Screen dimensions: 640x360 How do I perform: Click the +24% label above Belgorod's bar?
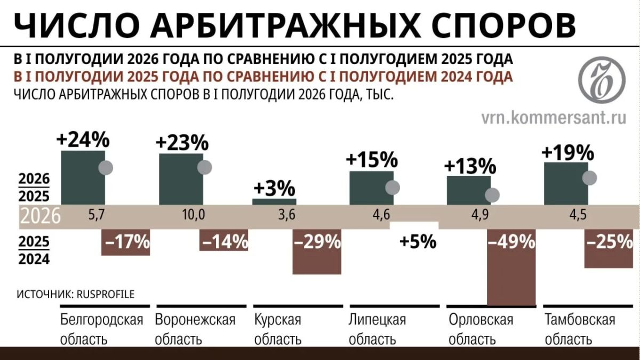(83, 140)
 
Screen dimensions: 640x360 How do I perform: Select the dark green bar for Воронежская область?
(181, 179)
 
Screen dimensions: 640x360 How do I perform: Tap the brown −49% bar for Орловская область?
(511, 267)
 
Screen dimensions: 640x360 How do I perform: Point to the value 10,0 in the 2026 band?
(194, 214)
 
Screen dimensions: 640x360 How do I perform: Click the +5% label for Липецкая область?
(418, 242)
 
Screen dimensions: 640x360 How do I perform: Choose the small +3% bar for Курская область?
(274, 202)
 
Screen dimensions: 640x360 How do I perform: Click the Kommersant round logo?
(602, 79)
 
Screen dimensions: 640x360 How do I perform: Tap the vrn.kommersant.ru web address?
(554, 118)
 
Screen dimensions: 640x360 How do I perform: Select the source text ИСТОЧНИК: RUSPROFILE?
(76, 294)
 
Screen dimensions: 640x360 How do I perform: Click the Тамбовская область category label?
(580, 329)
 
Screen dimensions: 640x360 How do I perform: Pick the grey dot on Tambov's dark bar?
(590, 178)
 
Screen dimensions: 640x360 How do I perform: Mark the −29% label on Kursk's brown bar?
(317, 242)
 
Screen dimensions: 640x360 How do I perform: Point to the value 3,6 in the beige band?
(287, 214)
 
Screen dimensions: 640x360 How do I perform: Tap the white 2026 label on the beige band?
(41, 215)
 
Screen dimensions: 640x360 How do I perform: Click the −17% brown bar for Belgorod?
(126, 242)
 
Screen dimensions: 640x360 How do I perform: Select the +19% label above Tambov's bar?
(568, 153)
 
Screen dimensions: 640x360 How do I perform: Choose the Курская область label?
(278, 329)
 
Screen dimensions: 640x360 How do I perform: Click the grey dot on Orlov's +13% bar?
(492, 195)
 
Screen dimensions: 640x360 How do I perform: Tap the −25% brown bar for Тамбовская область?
(609, 249)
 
